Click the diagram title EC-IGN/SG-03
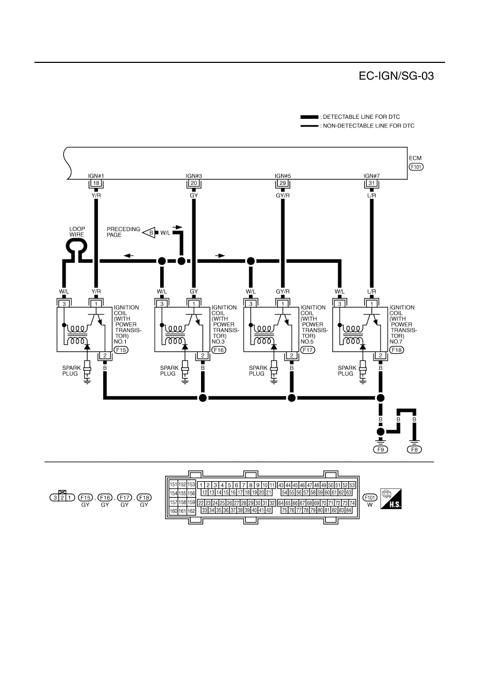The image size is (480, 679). tap(396, 76)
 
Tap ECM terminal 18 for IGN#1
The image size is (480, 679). tap(96, 183)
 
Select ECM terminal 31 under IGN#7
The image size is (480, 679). tap(371, 183)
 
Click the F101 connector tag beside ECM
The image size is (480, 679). tap(416, 167)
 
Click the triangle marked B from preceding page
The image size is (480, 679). tap(149, 233)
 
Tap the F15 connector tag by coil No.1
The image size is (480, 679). tap(121, 350)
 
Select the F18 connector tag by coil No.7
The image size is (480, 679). tap(396, 350)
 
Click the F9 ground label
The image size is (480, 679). tap(381, 449)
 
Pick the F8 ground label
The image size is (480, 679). tap(414, 449)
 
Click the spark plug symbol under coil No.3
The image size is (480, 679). tap(185, 371)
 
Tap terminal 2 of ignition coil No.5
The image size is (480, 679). tap(291, 355)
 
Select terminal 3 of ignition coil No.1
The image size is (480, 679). tap(64, 304)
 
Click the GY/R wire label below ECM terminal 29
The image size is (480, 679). tap(283, 196)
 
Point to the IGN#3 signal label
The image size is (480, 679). tap(194, 176)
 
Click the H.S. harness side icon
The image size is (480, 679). tap(391, 498)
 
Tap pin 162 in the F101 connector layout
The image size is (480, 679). tap(191, 511)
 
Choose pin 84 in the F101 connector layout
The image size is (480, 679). tap(348, 510)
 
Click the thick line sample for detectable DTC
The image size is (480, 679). tap(309, 117)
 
